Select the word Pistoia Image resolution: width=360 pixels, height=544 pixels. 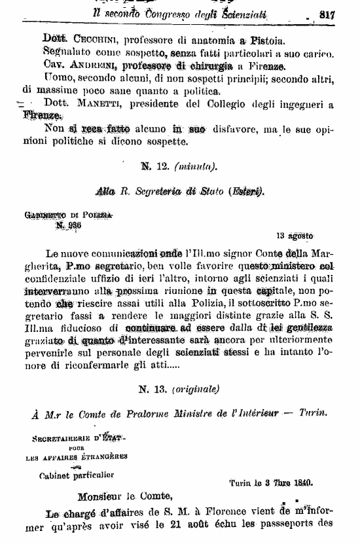pyautogui.click(x=243, y=38)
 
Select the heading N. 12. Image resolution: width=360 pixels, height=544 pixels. pyautogui.click(x=155, y=166)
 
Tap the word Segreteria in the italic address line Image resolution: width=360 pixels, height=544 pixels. pyautogui.click(x=166, y=192)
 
